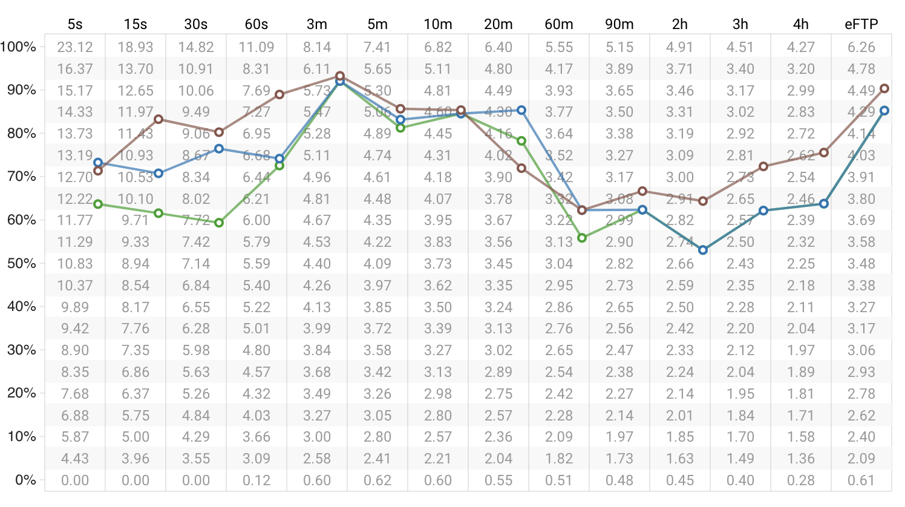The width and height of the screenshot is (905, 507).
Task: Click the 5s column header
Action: (75, 24)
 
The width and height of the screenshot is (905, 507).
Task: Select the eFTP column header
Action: (861, 24)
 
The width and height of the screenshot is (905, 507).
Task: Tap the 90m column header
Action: (619, 24)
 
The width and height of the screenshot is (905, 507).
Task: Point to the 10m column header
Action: (438, 24)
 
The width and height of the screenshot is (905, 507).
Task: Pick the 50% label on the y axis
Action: (21, 263)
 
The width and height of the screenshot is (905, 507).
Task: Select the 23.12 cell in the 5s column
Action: (75, 47)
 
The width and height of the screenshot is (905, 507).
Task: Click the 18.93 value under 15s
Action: (136, 47)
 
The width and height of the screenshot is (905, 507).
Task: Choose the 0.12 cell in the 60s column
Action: (256, 480)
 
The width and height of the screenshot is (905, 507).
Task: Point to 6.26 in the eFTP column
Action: (861, 47)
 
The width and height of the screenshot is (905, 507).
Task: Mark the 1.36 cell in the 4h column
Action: (801, 459)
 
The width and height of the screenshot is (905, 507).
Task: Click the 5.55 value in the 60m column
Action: (559, 47)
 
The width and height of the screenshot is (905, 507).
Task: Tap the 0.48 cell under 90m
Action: (619, 480)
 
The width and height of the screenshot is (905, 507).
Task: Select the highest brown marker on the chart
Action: (340, 76)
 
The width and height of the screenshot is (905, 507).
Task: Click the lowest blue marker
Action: (703, 250)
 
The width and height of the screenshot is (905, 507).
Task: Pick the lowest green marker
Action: (582, 238)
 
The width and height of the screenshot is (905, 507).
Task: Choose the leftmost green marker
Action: (98, 204)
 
